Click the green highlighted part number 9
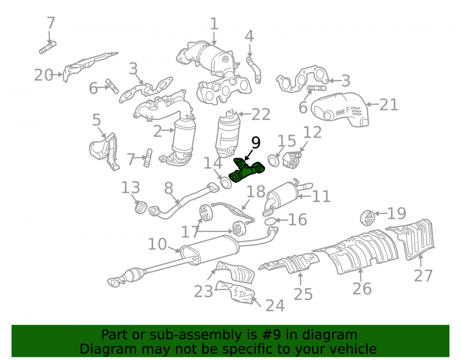[x=246, y=171]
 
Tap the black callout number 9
[x=256, y=142]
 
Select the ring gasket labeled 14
[x=226, y=183]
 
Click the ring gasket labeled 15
[x=274, y=160]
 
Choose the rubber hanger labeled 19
[x=367, y=218]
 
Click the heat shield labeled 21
[x=340, y=109]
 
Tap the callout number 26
[x=362, y=289]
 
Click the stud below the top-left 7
[x=47, y=47]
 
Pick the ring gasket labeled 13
[x=141, y=207]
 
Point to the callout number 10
[x=157, y=244]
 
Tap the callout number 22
[x=261, y=114]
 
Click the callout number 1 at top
[x=214, y=24]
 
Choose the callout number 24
[x=275, y=305]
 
